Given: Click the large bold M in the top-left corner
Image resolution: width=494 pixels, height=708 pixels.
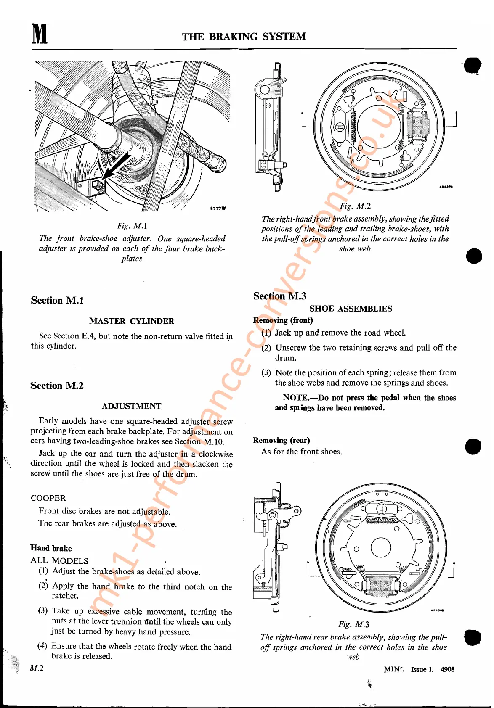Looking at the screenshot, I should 40,34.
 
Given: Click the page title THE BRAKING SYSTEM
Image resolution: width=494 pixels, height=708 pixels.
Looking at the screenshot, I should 244,37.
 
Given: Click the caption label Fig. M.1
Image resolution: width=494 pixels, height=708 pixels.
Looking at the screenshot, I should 132,226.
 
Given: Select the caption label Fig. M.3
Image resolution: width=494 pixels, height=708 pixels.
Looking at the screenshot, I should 353,624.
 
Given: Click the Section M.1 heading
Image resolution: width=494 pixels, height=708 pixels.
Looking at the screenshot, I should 57,301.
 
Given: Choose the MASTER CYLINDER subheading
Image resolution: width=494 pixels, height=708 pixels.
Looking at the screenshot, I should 131,321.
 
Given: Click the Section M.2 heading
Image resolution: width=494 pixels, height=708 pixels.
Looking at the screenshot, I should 57,386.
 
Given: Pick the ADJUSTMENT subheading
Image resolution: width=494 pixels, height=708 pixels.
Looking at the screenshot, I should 131,407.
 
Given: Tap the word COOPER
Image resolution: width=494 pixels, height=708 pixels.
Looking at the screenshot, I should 48,498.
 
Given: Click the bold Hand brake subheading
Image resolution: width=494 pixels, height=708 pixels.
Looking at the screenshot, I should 51,548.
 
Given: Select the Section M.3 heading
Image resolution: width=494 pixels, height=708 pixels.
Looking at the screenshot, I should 280,296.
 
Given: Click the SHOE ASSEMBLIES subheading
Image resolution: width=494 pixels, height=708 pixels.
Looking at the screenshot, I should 351,309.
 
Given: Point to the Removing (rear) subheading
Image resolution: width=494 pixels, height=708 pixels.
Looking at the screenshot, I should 281,440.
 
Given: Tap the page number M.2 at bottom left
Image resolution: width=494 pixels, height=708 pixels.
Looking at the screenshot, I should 37,668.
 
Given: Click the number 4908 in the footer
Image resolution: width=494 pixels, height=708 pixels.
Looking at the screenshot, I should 447,669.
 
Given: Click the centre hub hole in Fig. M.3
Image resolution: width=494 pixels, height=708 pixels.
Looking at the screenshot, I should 381,548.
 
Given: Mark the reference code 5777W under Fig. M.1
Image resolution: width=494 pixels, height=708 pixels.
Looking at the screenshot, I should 218,209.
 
